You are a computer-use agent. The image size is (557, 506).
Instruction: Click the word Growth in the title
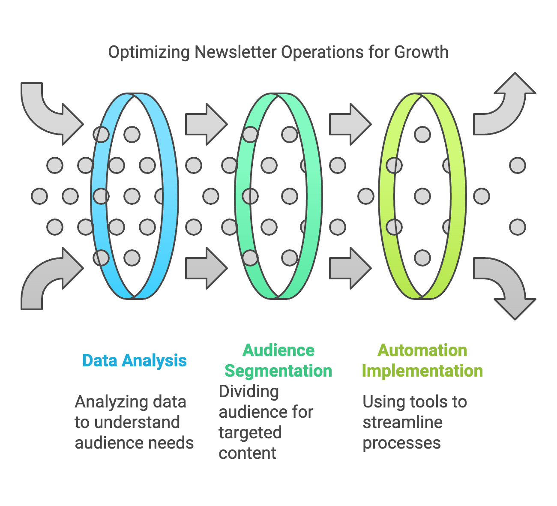[x=421, y=52]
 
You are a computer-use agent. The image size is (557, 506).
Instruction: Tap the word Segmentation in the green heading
[x=278, y=371]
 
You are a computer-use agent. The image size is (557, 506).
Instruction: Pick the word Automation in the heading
[x=422, y=350]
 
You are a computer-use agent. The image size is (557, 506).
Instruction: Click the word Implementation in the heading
[x=422, y=371]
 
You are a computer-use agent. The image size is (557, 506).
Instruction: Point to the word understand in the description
[x=137, y=422]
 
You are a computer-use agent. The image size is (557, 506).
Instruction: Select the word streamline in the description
[x=403, y=422]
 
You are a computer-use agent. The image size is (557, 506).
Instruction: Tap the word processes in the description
[x=401, y=443]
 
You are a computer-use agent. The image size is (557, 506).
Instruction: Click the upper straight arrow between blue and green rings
[x=207, y=124]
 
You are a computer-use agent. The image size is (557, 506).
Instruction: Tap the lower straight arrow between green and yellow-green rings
[x=350, y=268]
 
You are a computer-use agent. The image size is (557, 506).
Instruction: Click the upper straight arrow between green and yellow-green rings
[x=350, y=124]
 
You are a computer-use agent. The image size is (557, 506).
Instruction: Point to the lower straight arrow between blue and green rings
[x=207, y=268]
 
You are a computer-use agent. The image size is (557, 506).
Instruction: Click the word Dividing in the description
[x=249, y=392]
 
